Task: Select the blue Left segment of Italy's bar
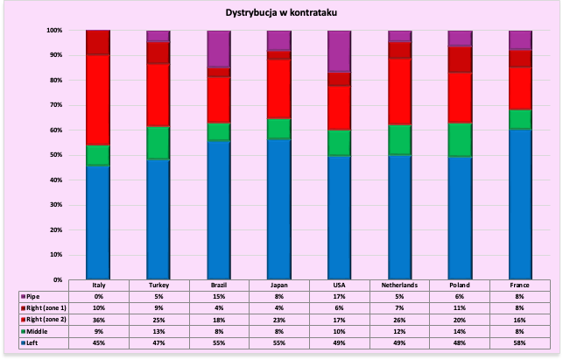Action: click(x=97, y=222)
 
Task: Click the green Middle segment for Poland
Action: click(x=460, y=140)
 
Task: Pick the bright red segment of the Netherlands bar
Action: click(x=399, y=91)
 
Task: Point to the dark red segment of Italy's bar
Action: click(x=97, y=42)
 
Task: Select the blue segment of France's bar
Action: click(x=520, y=204)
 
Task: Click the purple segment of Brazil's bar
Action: click(x=218, y=48)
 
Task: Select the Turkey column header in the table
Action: click(x=158, y=286)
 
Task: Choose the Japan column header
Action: click(x=279, y=286)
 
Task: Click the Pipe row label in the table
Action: click(x=34, y=296)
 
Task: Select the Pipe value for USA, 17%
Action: click(x=339, y=296)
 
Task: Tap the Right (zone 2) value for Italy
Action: click(x=98, y=321)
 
